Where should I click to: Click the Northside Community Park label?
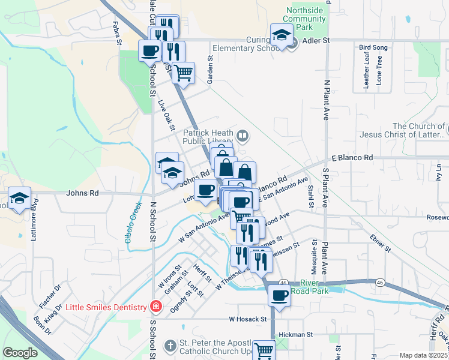(x=306, y=19)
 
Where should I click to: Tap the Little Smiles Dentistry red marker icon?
(x=156, y=307)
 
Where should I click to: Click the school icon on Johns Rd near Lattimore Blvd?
(x=19, y=198)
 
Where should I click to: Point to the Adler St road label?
(x=318, y=41)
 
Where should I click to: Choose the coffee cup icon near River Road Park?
(x=280, y=295)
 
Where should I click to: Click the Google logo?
(x=20, y=353)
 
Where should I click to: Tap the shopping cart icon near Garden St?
(x=184, y=73)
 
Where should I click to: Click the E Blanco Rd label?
(x=352, y=158)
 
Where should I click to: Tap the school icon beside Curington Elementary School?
(x=281, y=35)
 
